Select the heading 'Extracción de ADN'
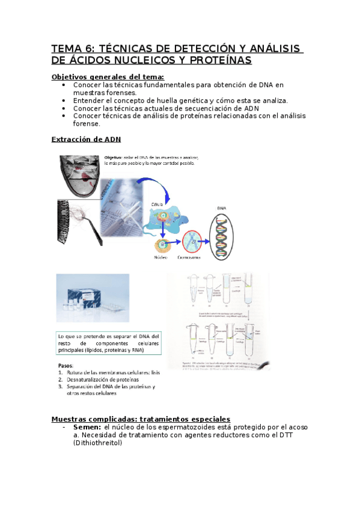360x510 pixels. tap(86, 139)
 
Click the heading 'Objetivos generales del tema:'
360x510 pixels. tap(108, 77)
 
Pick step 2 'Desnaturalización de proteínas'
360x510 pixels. tap(102, 379)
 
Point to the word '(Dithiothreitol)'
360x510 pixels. tap(97, 443)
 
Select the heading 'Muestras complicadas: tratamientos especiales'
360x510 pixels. tap(141, 419)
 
